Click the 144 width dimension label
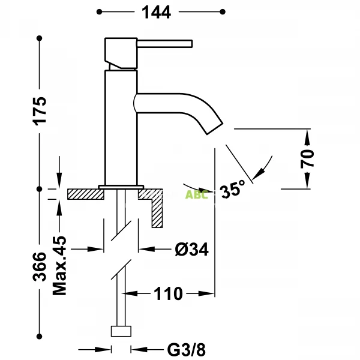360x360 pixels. coord(160,11)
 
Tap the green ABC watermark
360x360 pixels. coord(196,194)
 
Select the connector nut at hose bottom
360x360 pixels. coord(122,332)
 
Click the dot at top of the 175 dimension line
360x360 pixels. coord(40,39)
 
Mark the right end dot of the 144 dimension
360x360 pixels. coord(223,11)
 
